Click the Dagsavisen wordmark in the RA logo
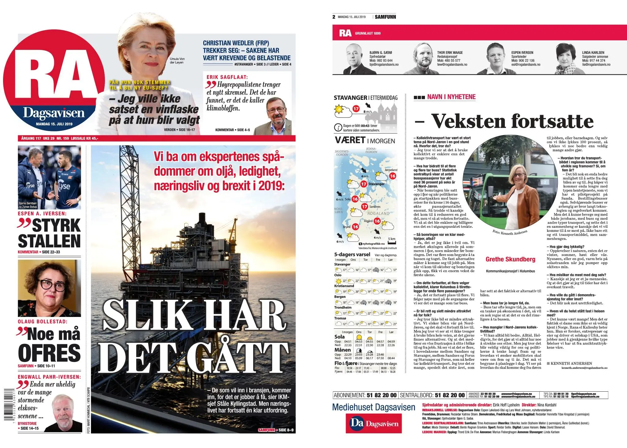click(54, 113)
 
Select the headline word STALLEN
click(49, 241)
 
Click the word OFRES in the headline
click(49, 352)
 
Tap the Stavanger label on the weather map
click(376, 184)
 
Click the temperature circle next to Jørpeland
click(392, 176)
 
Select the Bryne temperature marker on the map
click(355, 227)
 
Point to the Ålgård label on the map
click(368, 221)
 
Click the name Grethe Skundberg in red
click(510, 259)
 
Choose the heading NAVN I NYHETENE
click(451, 97)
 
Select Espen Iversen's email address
click(526, 65)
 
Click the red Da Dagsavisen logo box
click(374, 424)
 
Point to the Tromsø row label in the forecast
click(340, 318)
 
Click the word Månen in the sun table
click(343, 350)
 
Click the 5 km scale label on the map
click(392, 239)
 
